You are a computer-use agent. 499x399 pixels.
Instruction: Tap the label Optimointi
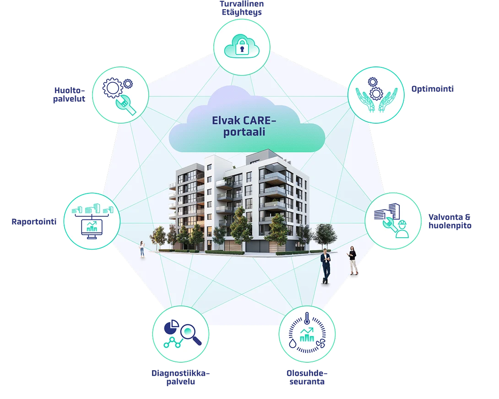(x=433, y=89)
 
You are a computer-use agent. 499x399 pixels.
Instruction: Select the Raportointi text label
(x=34, y=222)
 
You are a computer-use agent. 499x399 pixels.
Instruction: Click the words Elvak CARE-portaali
(x=244, y=126)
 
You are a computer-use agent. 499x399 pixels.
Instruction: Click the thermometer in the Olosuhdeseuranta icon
(x=307, y=318)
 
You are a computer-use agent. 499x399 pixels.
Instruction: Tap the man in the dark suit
(x=325, y=266)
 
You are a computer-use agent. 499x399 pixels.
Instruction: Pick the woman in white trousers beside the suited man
(x=353, y=261)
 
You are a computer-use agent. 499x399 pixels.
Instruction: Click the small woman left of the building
(x=142, y=249)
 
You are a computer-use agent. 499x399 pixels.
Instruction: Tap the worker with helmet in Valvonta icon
(x=402, y=229)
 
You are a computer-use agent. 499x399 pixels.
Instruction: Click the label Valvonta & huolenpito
(x=450, y=221)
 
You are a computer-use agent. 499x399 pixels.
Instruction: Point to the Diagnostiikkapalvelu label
(x=180, y=377)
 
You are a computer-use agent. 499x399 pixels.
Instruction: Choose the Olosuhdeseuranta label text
(x=307, y=377)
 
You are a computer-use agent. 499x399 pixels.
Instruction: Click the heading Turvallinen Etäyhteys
(x=242, y=8)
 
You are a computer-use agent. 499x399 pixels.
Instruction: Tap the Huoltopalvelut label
(x=69, y=94)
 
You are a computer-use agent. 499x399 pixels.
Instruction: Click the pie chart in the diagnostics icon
(x=171, y=328)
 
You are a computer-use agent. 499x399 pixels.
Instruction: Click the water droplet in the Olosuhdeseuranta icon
(x=293, y=343)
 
